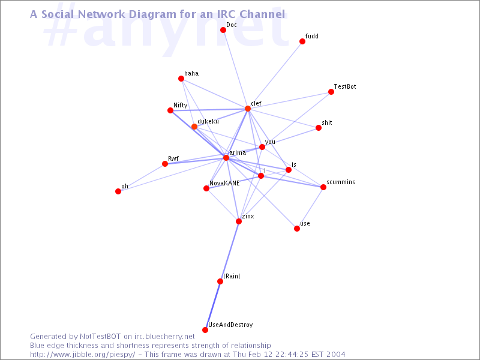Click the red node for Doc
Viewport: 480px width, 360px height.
pos(223,30)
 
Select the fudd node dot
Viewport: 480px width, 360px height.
pos(302,41)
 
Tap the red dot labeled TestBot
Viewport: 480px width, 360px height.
pos(331,92)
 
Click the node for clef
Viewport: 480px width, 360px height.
pos(248,109)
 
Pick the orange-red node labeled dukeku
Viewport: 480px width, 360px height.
pos(194,127)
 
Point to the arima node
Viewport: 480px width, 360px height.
pos(226,158)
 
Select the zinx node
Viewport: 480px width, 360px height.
pos(239,221)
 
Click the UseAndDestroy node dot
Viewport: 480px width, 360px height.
pos(205,330)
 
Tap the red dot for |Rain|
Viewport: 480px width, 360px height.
pos(220,281)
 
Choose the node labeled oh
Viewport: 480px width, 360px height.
pos(118,191)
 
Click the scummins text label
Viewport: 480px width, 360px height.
pos(341,182)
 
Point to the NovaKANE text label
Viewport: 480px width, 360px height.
pos(224,183)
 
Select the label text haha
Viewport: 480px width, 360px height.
pos(191,73)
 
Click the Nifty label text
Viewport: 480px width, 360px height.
pos(181,106)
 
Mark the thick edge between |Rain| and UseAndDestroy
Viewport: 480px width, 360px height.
pos(213,305)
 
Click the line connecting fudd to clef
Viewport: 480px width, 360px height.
pos(275,75)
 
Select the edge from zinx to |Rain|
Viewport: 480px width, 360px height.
pos(230,251)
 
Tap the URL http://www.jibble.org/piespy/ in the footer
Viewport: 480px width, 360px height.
pos(83,355)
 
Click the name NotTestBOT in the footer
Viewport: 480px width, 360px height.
pos(100,337)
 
